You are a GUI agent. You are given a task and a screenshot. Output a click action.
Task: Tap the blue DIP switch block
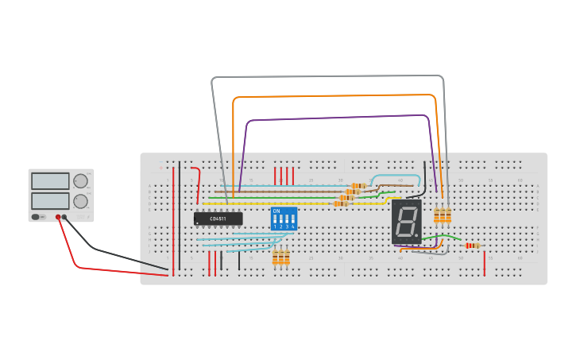coord(284,219)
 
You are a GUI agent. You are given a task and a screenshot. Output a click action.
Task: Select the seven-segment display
coord(406,221)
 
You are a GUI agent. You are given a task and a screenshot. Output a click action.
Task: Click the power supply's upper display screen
coord(50,181)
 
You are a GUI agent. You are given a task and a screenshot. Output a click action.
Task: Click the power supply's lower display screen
coord(50,201)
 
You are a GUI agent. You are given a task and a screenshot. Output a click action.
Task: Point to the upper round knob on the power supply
coord(80,181)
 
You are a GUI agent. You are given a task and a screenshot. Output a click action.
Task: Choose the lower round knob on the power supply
coord(80,201)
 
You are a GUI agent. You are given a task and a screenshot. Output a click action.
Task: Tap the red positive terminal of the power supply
coord(58,217)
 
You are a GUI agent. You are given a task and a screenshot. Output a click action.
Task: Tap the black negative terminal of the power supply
coord(64,217)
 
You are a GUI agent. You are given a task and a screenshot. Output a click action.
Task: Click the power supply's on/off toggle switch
coord(36,216)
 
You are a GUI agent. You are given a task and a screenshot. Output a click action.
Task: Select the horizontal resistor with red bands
coord(473,246)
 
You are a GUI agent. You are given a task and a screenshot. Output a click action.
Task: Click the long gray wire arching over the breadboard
coord(326,77)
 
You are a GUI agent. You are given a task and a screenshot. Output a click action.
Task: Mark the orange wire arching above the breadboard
coord(334,96)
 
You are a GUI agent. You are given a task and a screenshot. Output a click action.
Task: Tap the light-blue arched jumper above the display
coord(396,176)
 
